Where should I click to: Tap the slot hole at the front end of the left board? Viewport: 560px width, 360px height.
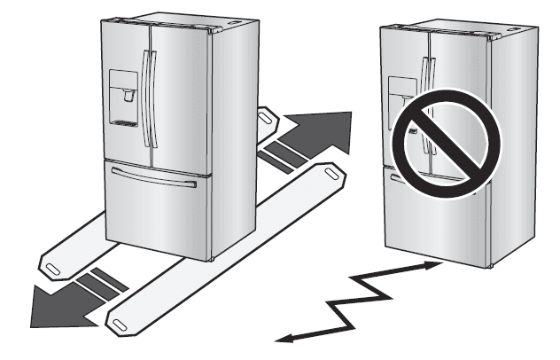point(51,262)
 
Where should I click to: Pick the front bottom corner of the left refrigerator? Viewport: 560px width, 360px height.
point(209,258)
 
